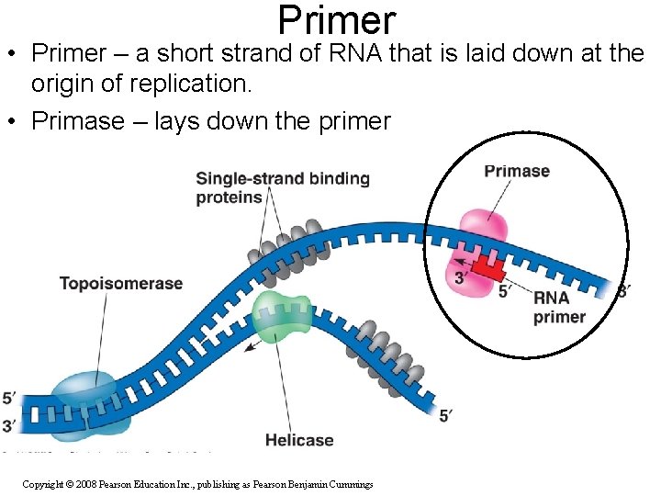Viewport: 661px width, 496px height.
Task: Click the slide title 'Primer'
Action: pos(336,20)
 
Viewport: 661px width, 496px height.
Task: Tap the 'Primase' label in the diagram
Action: pos(517,171)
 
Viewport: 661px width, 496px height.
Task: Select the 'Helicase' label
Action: pos(299,440)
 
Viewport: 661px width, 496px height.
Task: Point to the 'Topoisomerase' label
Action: pos(121,284)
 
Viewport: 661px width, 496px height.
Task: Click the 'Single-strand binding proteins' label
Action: pos(282,187)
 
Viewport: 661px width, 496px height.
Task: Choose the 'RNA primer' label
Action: pos(559,308)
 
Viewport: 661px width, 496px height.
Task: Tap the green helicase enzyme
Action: pos(283,316)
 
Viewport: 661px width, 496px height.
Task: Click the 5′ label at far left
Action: pos(9,399)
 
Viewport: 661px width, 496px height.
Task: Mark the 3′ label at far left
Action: pos(9,425)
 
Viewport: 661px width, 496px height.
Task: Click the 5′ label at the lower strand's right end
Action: pos(445,416)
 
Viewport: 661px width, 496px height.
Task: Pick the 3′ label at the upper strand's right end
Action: pos(623,292)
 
